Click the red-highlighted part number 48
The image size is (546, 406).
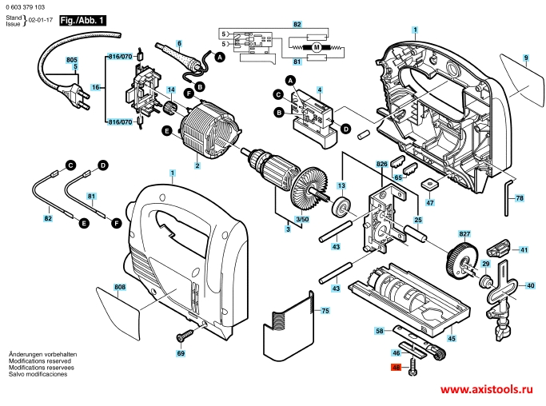tap(395, 369)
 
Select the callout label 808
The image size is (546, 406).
tap(120, 287)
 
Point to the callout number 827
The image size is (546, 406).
tap(464, 233)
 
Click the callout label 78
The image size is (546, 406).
tap(520, 197)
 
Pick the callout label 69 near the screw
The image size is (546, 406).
tap(181, 352)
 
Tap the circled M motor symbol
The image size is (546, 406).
tap(316, 48)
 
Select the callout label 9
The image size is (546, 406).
tap(526, 58)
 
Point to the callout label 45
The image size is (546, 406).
tap(452, 339)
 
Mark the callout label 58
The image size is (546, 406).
tap(380, 330)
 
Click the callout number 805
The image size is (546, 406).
tap(72, 60)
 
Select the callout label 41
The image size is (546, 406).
tap(524, 250)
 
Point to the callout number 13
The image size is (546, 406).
tap(341, 186)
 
